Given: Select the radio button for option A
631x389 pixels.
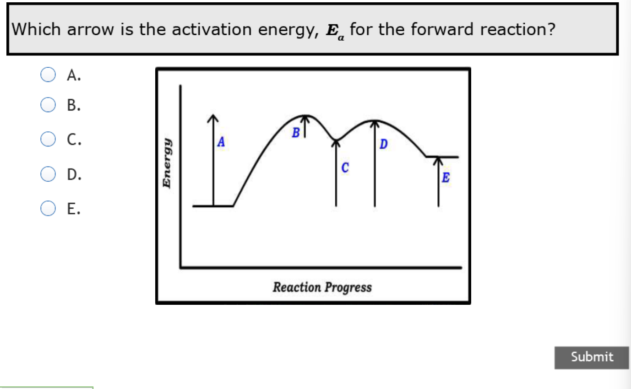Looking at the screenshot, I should [48, 75].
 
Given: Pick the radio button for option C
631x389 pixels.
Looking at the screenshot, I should [48, 139].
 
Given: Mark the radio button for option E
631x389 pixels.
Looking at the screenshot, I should [48, 209].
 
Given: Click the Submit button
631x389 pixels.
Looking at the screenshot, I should [592, 357].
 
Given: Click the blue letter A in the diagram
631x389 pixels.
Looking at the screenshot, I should [221, 142].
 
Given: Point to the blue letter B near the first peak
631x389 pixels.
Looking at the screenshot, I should [296, 133].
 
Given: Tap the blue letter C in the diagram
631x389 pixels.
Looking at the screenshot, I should [345, 168].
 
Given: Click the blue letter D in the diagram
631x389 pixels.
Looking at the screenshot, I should [384, 145].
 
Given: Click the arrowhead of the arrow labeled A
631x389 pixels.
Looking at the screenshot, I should [212, 118].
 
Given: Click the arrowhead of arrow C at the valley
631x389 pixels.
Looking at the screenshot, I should [337, 143].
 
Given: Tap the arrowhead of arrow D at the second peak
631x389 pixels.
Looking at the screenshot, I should [375, 124].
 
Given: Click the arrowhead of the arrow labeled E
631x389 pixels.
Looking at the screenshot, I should [439, 160].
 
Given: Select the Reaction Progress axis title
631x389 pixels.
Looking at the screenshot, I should [322, 287].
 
